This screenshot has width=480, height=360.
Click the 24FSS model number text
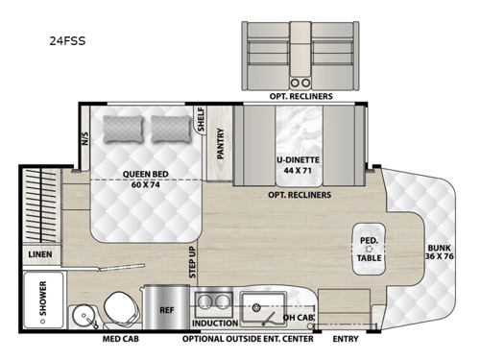click(64, 42)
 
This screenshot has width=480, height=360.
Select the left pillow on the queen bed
click(122, 127)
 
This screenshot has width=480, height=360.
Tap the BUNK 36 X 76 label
click(444, 251)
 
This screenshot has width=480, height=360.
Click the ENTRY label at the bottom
click(346, 339)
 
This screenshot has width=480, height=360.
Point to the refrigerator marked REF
click(164, 309)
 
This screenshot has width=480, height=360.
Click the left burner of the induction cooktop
click(204, 303)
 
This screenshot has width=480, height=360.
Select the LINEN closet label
click(41, 254)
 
